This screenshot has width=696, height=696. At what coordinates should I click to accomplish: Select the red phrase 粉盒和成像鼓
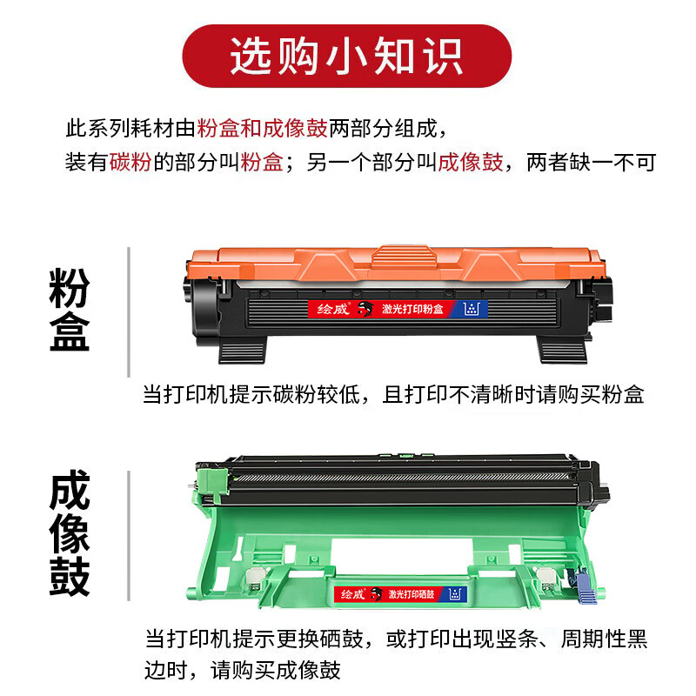pos(262,129)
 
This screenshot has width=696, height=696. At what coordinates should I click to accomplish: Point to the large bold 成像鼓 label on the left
pos(70,534)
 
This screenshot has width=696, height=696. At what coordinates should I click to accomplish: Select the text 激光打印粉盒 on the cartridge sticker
pos(412,309)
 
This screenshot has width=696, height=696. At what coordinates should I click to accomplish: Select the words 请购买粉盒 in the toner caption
pos(592,394)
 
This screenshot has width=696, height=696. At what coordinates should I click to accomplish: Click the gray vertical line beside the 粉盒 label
pos(129,311)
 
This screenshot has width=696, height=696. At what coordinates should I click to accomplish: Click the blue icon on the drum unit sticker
pos(452,594)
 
